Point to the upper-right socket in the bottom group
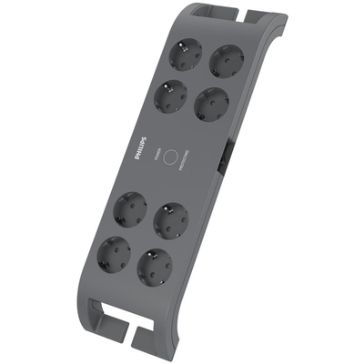170,220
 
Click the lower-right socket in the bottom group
154,267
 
